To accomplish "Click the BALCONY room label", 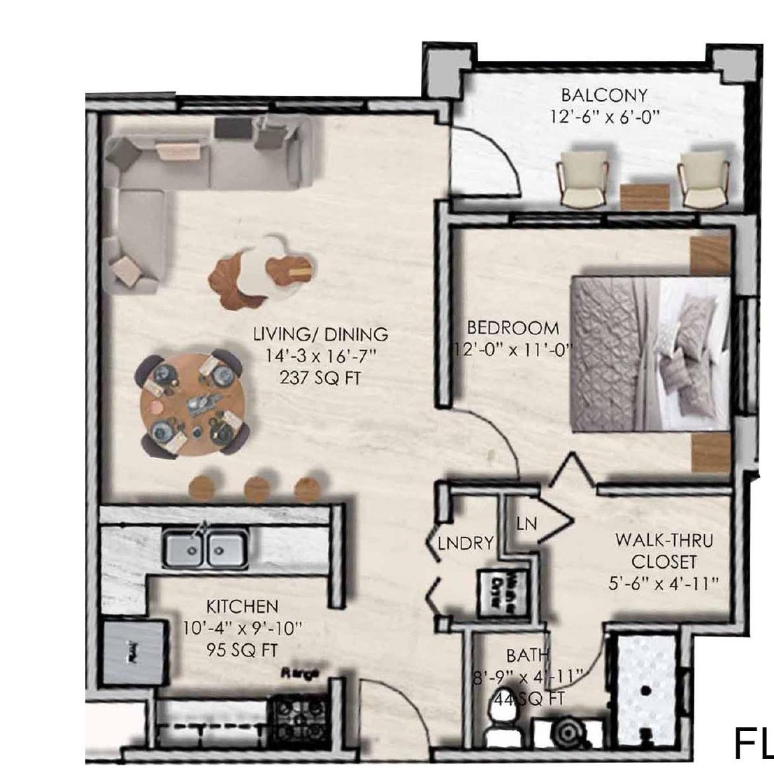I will tap(603, 95).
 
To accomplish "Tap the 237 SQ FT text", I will tap(320, 378).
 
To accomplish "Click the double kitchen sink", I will tap(204, 548).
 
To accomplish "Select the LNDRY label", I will tap(466, 543).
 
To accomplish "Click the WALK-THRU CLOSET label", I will tap(664, 551).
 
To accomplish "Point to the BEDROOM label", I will tap(513, 328).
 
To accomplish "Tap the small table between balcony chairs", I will tap(645, 196).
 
